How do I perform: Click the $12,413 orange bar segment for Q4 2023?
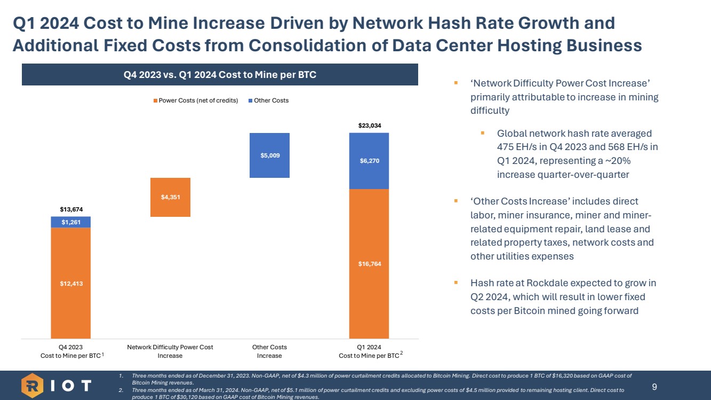click(70, 283)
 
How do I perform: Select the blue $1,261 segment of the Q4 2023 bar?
click(70, 222)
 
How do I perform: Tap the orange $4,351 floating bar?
click(170, 197)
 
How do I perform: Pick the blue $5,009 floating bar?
click(269, 155)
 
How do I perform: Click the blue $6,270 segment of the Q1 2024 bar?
click(369, 161)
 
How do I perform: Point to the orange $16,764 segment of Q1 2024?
click(369, 264)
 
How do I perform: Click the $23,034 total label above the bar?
click(369, 126)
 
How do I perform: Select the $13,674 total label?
click(70, 209)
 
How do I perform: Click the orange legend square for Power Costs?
click(156, 100)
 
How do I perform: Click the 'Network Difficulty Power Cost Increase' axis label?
click(170, 351)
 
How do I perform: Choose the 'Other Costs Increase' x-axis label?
click(269, 351)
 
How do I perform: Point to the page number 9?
click(654, 385)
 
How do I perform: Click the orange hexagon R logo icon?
click(32, 386)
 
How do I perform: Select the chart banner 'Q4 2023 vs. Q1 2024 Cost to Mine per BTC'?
click(220, 75)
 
